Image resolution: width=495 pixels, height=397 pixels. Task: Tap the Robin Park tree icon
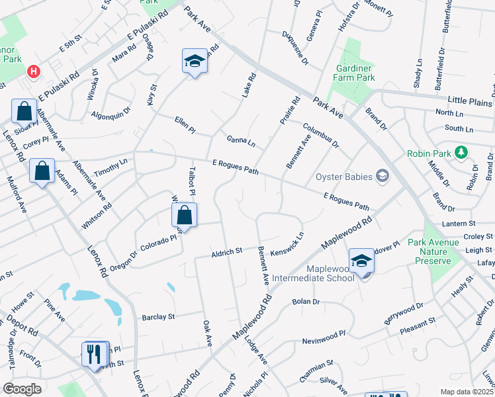[462, 153]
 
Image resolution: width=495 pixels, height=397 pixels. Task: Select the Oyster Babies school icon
[382, 175]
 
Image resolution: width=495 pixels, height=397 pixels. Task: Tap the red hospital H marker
[32, 70]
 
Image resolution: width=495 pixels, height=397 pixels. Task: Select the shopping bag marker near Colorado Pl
[185, 215]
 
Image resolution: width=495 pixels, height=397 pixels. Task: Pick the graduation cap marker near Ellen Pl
[194, 62]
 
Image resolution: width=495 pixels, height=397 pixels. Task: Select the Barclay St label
[158, 317]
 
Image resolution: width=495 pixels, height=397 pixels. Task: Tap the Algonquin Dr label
[110, 114]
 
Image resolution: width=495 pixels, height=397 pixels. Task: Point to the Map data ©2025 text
[467, 392]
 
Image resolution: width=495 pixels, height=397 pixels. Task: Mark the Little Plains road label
[470, 101]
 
